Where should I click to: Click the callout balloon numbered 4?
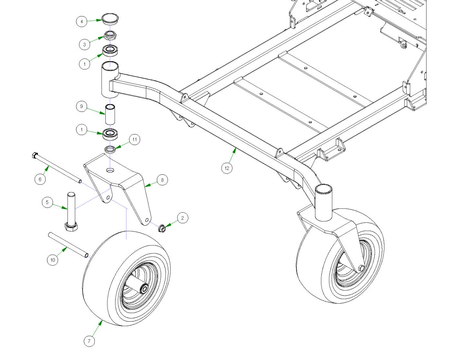[x=82, y=22]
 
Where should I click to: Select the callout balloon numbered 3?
[x=84, y=44]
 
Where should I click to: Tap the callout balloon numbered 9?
[x=82, y=106]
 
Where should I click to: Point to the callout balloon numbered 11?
[x=134, y=140]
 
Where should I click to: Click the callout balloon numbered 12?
[x=227, y=168]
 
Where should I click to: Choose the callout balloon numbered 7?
[x=89, y=341]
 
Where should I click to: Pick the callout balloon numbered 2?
[x=182, y=218]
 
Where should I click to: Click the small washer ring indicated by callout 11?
[x=110, y=149]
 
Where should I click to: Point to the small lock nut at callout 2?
[x=162, y=228]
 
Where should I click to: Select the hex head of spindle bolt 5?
[x=71, y=227]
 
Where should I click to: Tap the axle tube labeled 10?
[x=68, y=245]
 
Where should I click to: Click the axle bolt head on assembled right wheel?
[x=361, y=268]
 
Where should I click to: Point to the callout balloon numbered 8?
[x=162, y=180]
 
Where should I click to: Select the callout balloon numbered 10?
[x=53, y=260]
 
